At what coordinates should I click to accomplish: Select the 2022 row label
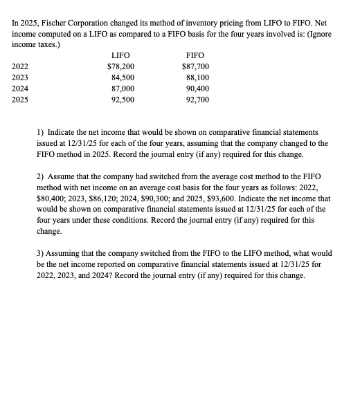tap(20, 66)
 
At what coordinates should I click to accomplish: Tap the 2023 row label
tap(20, 77)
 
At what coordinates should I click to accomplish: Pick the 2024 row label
tap(20, 89)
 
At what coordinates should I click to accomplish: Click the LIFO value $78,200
tap(120, 66)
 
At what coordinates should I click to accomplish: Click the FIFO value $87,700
tap(195, 66)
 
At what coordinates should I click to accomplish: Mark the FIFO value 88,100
tap(197, 77)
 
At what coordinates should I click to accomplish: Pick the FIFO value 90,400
tap(197, 89)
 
